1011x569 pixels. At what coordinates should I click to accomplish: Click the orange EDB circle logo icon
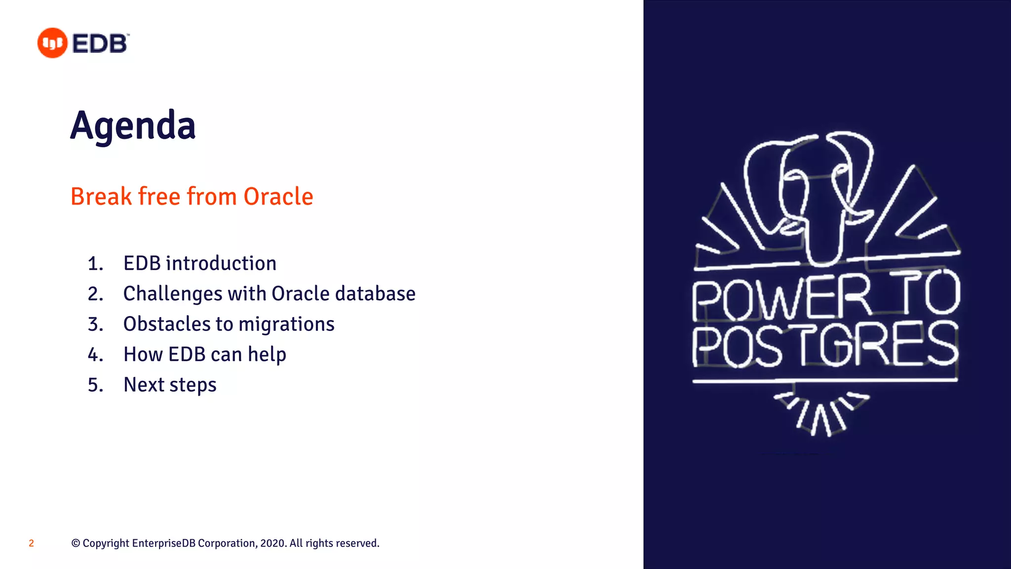tap(52, 43)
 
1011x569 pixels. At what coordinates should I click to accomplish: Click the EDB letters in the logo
tap(100, 43)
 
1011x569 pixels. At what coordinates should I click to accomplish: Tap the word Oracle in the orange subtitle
tap(278, 197)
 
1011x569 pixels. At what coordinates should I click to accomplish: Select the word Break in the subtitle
tap(101, 197)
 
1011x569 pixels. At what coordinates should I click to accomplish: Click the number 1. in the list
tap(95, 264)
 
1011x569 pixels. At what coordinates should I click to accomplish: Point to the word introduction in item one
tap(221, 263)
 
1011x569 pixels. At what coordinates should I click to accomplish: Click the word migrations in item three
tap(286, 325)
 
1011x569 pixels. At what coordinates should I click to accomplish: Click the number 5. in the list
tap(95, 385)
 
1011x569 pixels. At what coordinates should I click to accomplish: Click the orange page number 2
tap(31, 543)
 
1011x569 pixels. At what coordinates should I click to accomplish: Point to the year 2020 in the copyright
tap(272, 543)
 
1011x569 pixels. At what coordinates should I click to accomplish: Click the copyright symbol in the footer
tap(76, 543)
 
